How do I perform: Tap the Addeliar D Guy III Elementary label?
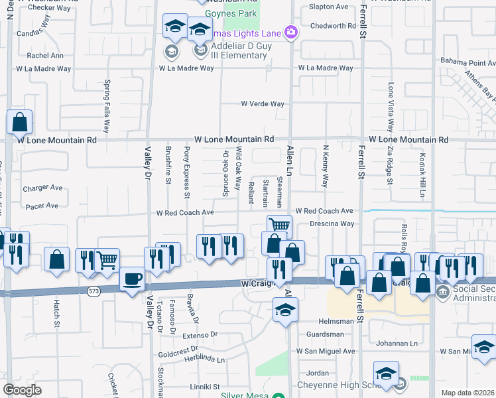[239, 50]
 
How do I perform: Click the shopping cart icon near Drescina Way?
[280, 226]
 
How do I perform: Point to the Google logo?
[22, 389]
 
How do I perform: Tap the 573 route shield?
[92, 291]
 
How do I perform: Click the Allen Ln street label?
[289, 161]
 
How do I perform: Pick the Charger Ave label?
[42, 188]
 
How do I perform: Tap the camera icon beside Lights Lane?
[290, 31]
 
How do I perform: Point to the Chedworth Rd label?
[333, 26]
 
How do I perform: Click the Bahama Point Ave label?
[468, 61]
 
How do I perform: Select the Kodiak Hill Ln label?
[422, 176]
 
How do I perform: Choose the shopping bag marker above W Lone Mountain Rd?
[20, 122]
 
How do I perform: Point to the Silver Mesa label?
[245, 395]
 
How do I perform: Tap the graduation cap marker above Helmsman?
[285, 310]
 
